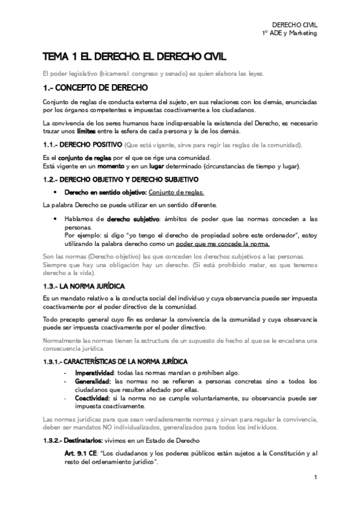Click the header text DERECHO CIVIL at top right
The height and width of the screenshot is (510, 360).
click(x=294, y=24)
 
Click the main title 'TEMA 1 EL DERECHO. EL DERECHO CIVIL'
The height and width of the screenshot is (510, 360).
click(x=135, y=57)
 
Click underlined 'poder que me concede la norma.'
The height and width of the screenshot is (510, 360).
click(x=232, y=245)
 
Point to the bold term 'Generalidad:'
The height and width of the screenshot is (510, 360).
click(x=93, y=381)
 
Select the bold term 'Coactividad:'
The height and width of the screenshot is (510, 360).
click(x=93, y=398)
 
